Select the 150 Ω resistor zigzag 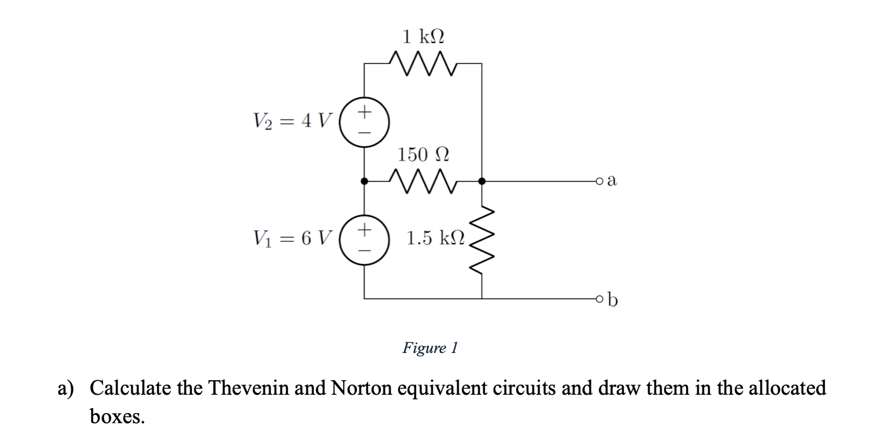click(423, 181)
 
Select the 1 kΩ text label click(423, 35)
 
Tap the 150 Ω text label click(423, 154)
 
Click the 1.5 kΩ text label click(436, 238)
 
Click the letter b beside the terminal click(612, 299)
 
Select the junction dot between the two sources click(365, 182)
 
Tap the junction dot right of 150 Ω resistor click(482, 182)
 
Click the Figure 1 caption click(430, 348)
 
